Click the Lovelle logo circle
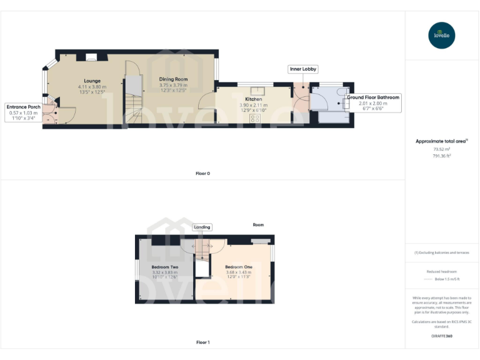coord(442,35)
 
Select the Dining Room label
coord(173,79)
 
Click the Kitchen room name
coord(253,99)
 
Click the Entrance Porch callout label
coord(24,107)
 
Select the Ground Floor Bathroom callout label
coord(373,97)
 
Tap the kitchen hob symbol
coord(255,117)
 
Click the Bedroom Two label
coord(164,267)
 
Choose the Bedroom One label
coord(239,267)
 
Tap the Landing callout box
coord(202,227)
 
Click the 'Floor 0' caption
coord(202,173)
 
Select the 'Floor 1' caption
coord(202,342)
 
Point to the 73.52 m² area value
coord(442,149)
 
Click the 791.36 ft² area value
coord(442,156)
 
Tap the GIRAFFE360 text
coord(442,336)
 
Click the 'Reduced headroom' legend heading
coord(442,272)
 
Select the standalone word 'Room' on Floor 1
coord(258,225)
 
